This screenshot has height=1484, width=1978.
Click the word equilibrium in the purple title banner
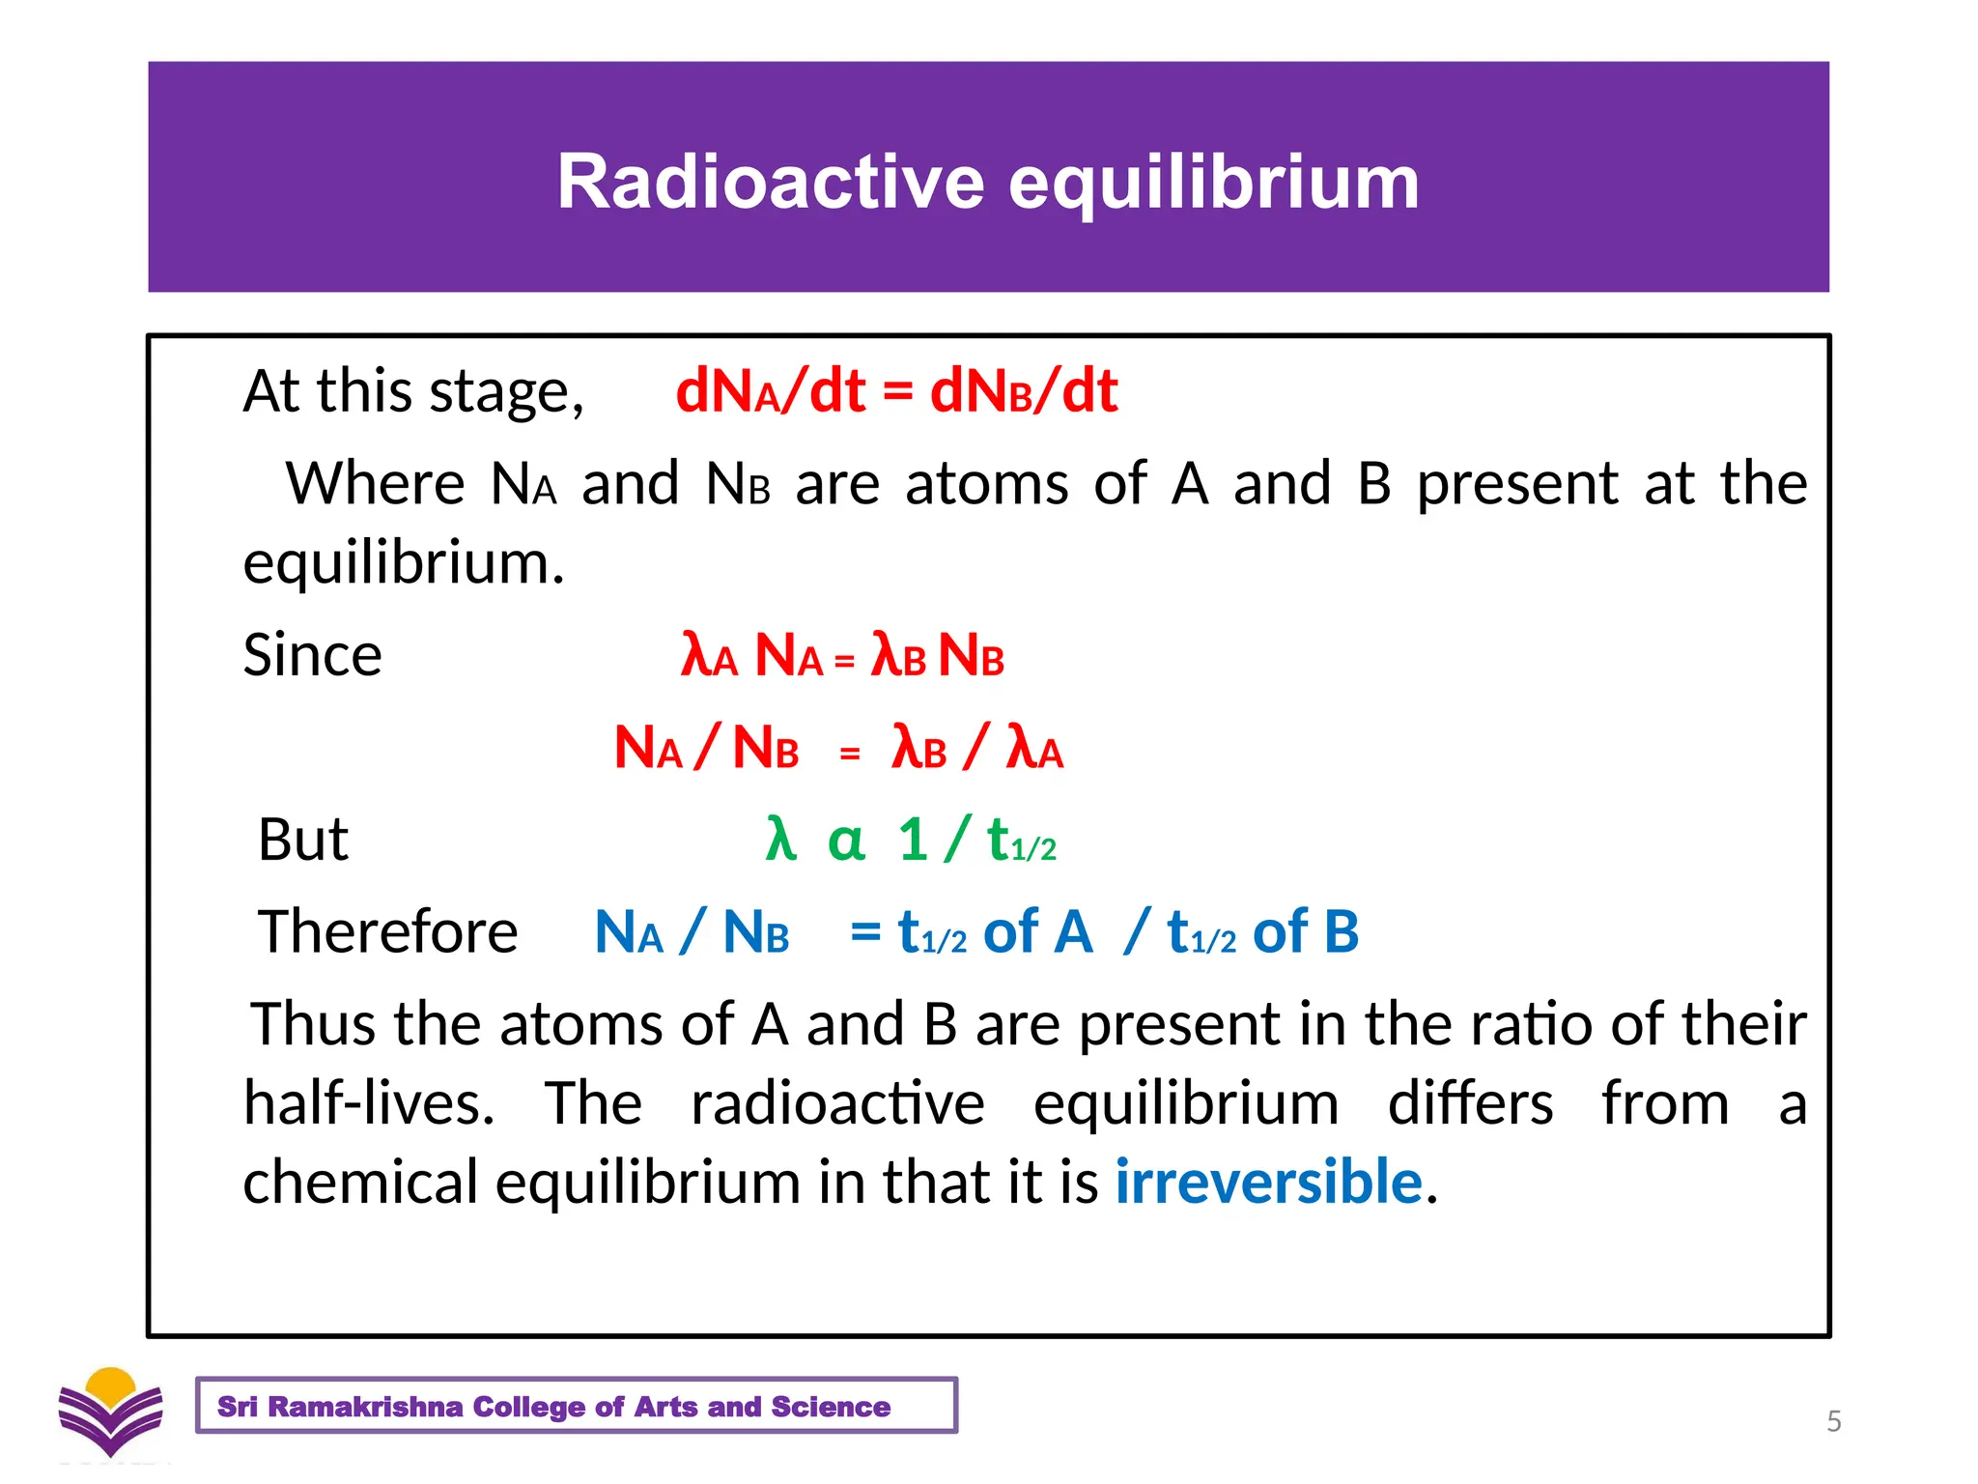coord(1214,184)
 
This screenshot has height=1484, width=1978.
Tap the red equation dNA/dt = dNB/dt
coord(896,391)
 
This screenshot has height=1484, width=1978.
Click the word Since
coord(312,655)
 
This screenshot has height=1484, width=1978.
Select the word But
coord(302,839)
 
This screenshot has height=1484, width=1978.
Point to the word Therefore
coord(387,931)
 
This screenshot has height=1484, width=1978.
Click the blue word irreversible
coord(1268,1181)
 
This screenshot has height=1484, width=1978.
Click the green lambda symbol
coord(780,838)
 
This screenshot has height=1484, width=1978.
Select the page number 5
coord(1834,1421)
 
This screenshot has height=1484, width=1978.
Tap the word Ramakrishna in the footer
coord(365,1407)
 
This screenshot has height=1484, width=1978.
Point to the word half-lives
coord(368,1102)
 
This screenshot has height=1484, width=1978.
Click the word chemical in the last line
coord(360,1182)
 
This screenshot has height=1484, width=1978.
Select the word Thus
coord(312,1023)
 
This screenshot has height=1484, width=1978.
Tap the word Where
coord(376,483)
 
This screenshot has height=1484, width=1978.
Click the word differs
coord(1470,1102)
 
